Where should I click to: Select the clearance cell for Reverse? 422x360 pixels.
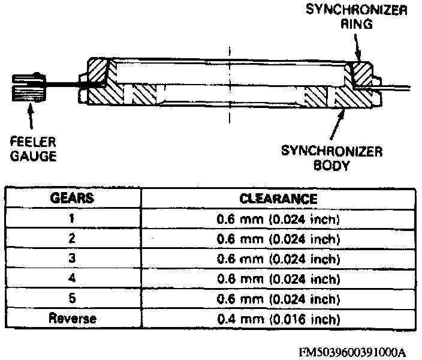click(x=278, y=318)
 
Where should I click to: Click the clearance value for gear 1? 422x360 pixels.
click(x=278, y=219)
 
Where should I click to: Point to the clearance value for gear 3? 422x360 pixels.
click(x=278, y=259)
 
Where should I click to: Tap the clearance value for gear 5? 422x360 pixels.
click(x=278, y=298)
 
